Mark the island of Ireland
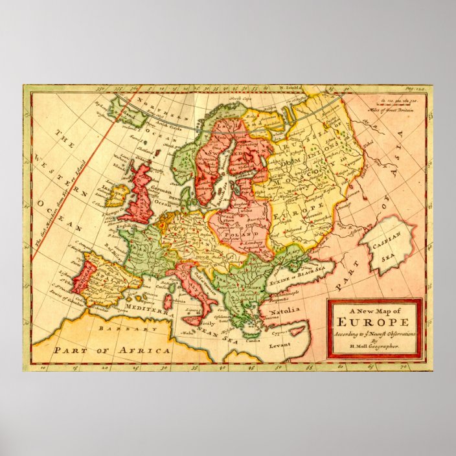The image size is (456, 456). click(x=117, y=194)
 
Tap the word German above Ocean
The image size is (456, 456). click(x=163, y=192)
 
